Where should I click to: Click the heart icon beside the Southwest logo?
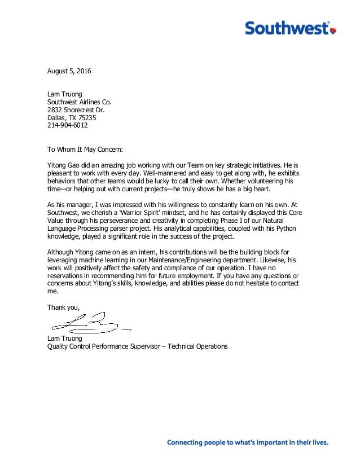(333, 29)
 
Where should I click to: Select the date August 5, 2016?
(68, 72)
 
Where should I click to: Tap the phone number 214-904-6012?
(67, 126)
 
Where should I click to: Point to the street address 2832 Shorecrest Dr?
(76, 110)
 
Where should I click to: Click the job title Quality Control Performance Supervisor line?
(137, 346)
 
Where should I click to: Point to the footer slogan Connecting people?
(247, 443)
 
